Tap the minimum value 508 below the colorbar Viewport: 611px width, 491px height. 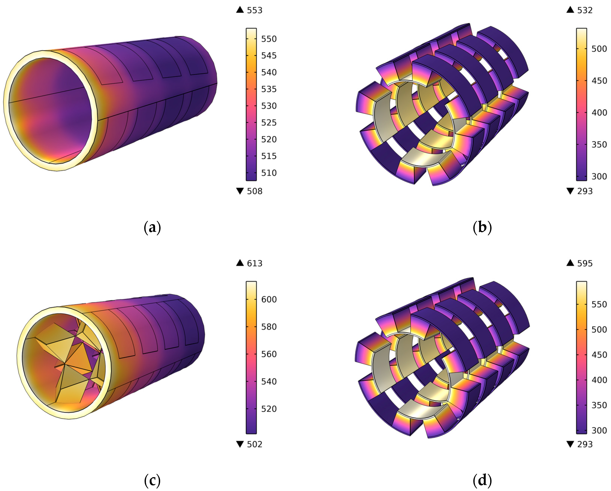click(255, 191)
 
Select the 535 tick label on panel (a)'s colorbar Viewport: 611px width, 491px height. click(269, 89)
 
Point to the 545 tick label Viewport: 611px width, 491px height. click(269, 56)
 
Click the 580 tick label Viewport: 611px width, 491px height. click(269, 327)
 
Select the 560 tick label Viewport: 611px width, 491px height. click(269, 354)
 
